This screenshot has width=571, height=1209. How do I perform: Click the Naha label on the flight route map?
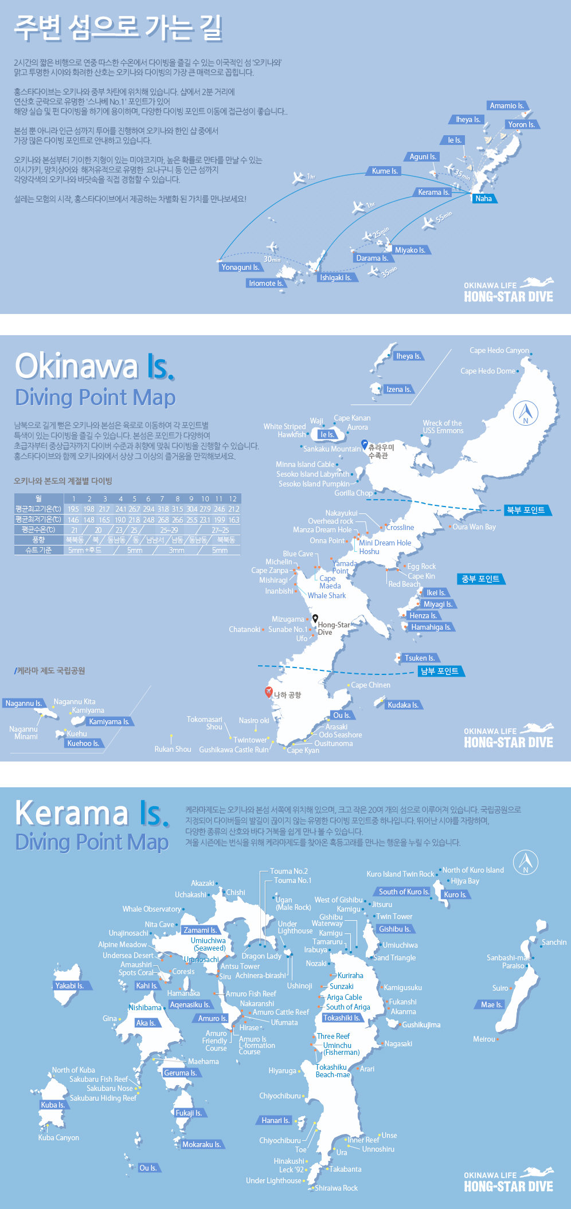pos(483,199)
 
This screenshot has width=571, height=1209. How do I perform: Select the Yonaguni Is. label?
pos(240,267)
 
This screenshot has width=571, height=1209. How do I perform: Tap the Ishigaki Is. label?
pos(335,277)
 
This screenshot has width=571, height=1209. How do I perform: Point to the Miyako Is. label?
pos(410,250)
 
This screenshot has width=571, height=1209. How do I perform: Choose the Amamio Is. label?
pos(507,105)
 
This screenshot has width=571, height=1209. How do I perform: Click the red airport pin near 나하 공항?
pos(268,692)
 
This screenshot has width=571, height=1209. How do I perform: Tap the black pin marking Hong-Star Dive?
pos(315,619)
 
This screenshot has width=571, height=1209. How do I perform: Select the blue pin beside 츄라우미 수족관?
pos(364,444)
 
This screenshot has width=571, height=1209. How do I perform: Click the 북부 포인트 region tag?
pos(525,510)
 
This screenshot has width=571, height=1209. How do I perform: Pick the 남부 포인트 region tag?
pos(440,671)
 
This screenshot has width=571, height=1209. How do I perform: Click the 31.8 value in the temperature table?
pos(162,509)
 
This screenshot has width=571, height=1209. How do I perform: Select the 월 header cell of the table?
pos(38,498)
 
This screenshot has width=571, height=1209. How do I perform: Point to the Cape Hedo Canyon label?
pos(499,350)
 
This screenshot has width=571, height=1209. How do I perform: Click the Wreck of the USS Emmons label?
pos(442,427)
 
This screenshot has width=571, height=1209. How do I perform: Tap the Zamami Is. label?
pos(200,930)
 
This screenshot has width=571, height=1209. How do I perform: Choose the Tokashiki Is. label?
pos(341,1018)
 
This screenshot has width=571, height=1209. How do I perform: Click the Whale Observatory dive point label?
pos(151,909)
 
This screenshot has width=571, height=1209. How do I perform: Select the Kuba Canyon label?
pos(58,1137)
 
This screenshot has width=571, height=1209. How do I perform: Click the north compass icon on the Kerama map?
pos(525,861)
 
